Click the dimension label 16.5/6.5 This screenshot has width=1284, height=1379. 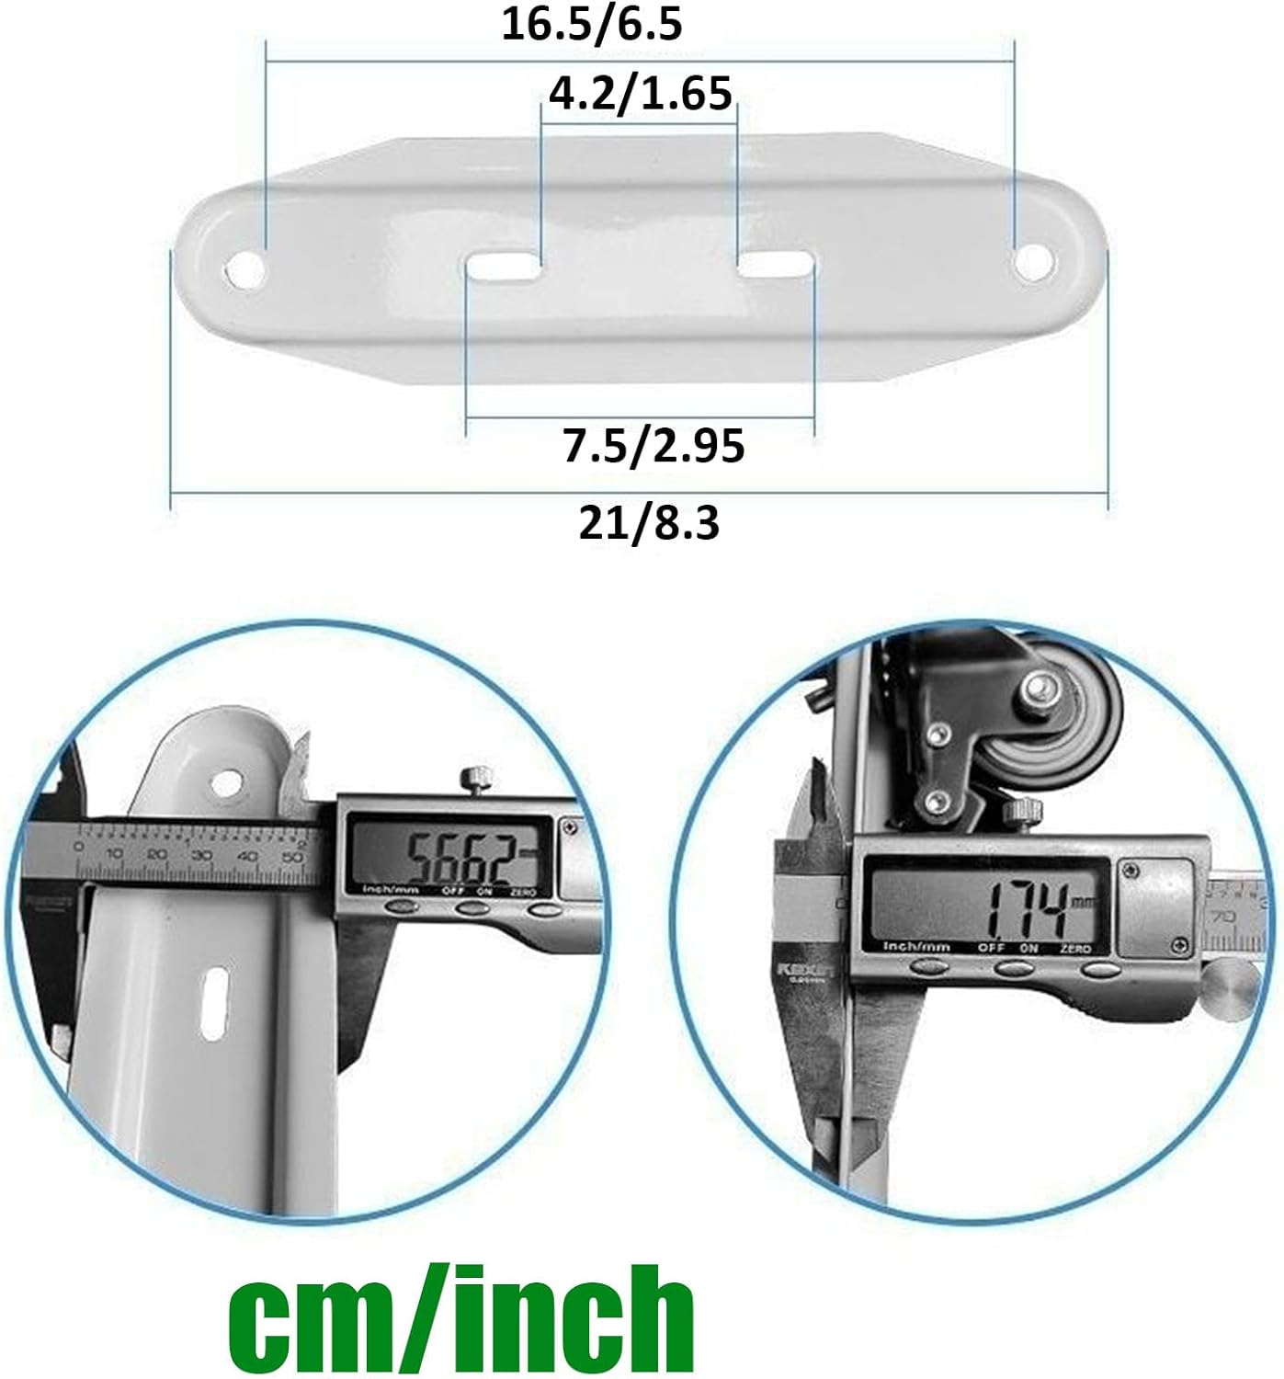coord(592,24)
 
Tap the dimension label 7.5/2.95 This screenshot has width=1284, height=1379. coord(653,446)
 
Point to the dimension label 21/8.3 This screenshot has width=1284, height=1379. coord(649,523)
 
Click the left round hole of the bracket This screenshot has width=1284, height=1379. coord(245,269)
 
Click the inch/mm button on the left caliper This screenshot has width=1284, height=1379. coord(399,907)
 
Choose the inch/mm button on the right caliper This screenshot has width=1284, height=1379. coord(928,965)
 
